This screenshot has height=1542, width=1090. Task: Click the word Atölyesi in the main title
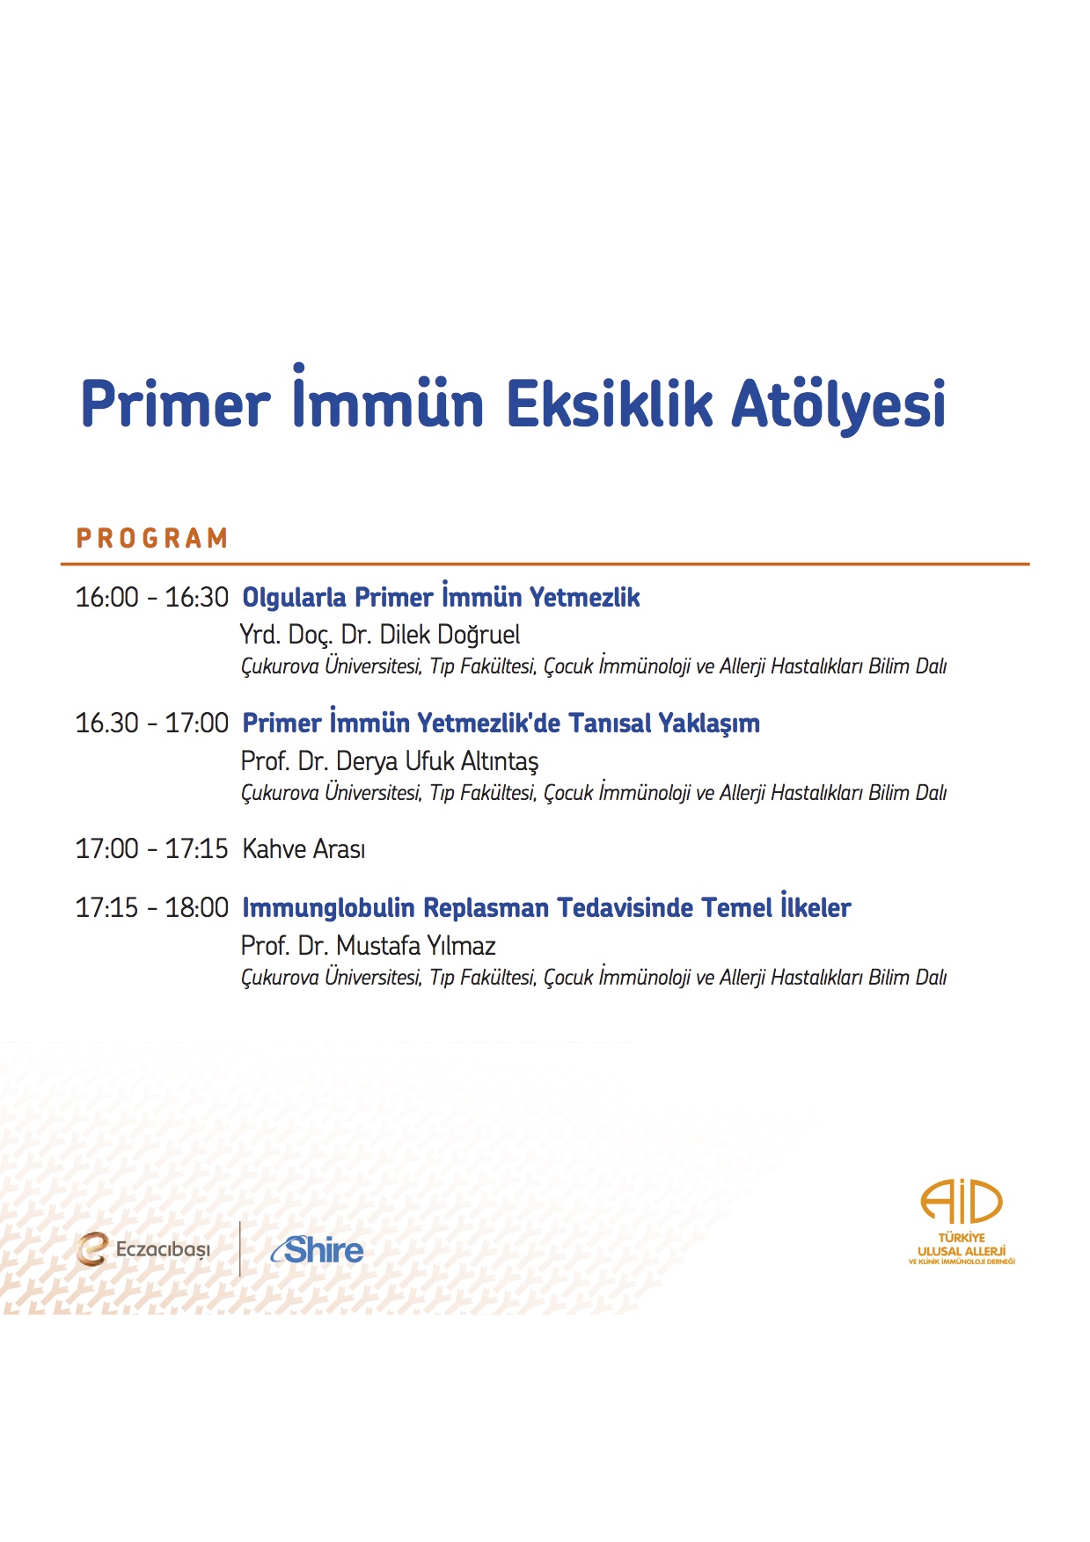839,404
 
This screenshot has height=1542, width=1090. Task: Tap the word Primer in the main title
176,404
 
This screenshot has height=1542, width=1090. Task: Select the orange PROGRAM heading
152,538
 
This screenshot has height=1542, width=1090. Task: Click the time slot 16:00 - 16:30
151,598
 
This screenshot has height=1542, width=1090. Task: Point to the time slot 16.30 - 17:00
151,724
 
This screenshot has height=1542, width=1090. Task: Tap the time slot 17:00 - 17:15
151,849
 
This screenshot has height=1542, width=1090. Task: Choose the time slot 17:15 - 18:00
151,908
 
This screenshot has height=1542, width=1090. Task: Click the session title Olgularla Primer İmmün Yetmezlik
441,596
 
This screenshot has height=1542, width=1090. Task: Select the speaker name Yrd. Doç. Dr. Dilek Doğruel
380,635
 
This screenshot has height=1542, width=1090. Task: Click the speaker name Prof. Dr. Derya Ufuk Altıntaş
390,761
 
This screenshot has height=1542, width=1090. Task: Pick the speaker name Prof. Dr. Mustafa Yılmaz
369,946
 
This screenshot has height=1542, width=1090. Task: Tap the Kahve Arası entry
304,849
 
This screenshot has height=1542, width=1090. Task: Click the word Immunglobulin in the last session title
328,908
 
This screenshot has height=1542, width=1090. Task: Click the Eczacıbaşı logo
143,1249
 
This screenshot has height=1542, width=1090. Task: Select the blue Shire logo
317,1249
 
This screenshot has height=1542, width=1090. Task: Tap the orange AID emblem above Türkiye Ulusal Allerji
962,1202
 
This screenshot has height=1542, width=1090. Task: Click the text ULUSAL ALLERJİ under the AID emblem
962,1251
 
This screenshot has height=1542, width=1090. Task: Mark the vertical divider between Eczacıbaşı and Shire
240,1248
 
